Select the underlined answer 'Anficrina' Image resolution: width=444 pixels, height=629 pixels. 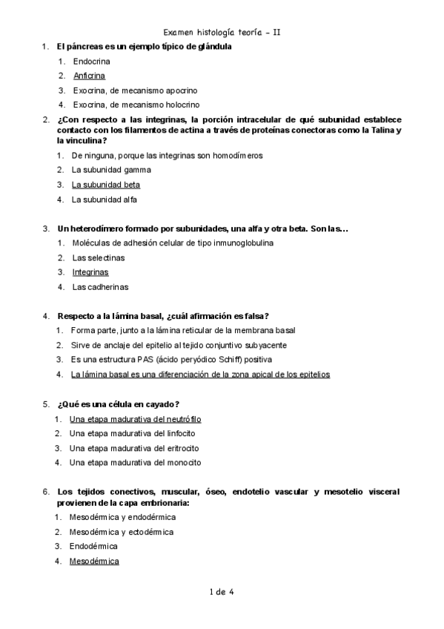89,76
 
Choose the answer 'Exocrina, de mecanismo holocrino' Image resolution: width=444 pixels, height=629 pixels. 136,105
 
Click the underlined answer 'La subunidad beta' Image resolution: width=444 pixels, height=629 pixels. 106,185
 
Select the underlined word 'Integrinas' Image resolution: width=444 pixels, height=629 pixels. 90,272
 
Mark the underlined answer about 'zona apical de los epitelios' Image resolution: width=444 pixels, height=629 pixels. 200,375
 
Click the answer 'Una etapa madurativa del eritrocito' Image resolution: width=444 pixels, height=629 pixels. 134,448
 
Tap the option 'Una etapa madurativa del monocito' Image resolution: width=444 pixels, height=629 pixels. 135,462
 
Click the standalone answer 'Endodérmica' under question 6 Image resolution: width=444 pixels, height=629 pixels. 94,546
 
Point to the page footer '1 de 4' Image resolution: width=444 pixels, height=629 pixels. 222,591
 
